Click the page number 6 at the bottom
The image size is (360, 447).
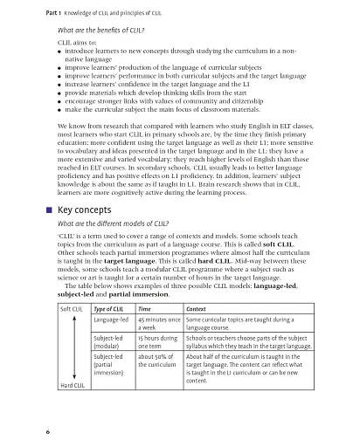35,431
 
